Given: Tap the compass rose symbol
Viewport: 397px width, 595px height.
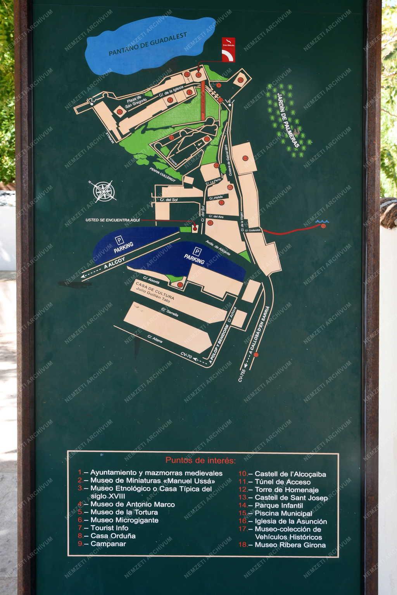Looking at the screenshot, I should tap(105, 191).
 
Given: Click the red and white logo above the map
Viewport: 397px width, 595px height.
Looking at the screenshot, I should tap(228, 49).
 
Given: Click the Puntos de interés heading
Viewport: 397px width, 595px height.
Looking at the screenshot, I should tap(200, 460).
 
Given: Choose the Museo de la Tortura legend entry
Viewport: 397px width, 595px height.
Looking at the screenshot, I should tap(124, 512).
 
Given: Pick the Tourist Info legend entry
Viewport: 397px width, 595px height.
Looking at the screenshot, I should tap(109, 528).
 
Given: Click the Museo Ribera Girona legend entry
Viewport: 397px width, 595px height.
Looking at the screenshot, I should tap(290, 545).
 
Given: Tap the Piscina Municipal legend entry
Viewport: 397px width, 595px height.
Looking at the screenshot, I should tap(283, 514).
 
